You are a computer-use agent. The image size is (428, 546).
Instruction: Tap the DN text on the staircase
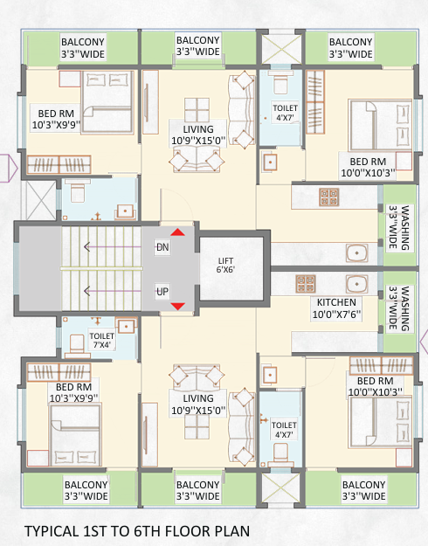tap(162, 247)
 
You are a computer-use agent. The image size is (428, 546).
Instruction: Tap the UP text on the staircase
tap(162, 291)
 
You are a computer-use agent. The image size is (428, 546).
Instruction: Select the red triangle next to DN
tap(177, 232)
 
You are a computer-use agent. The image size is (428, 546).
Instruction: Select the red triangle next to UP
tap(177, 306)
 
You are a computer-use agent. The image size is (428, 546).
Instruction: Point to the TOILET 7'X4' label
tap(101, 341)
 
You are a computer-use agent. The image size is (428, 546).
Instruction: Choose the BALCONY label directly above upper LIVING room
tap(197, 46)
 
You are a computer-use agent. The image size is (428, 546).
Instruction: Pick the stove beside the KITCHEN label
tap(305, 284)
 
